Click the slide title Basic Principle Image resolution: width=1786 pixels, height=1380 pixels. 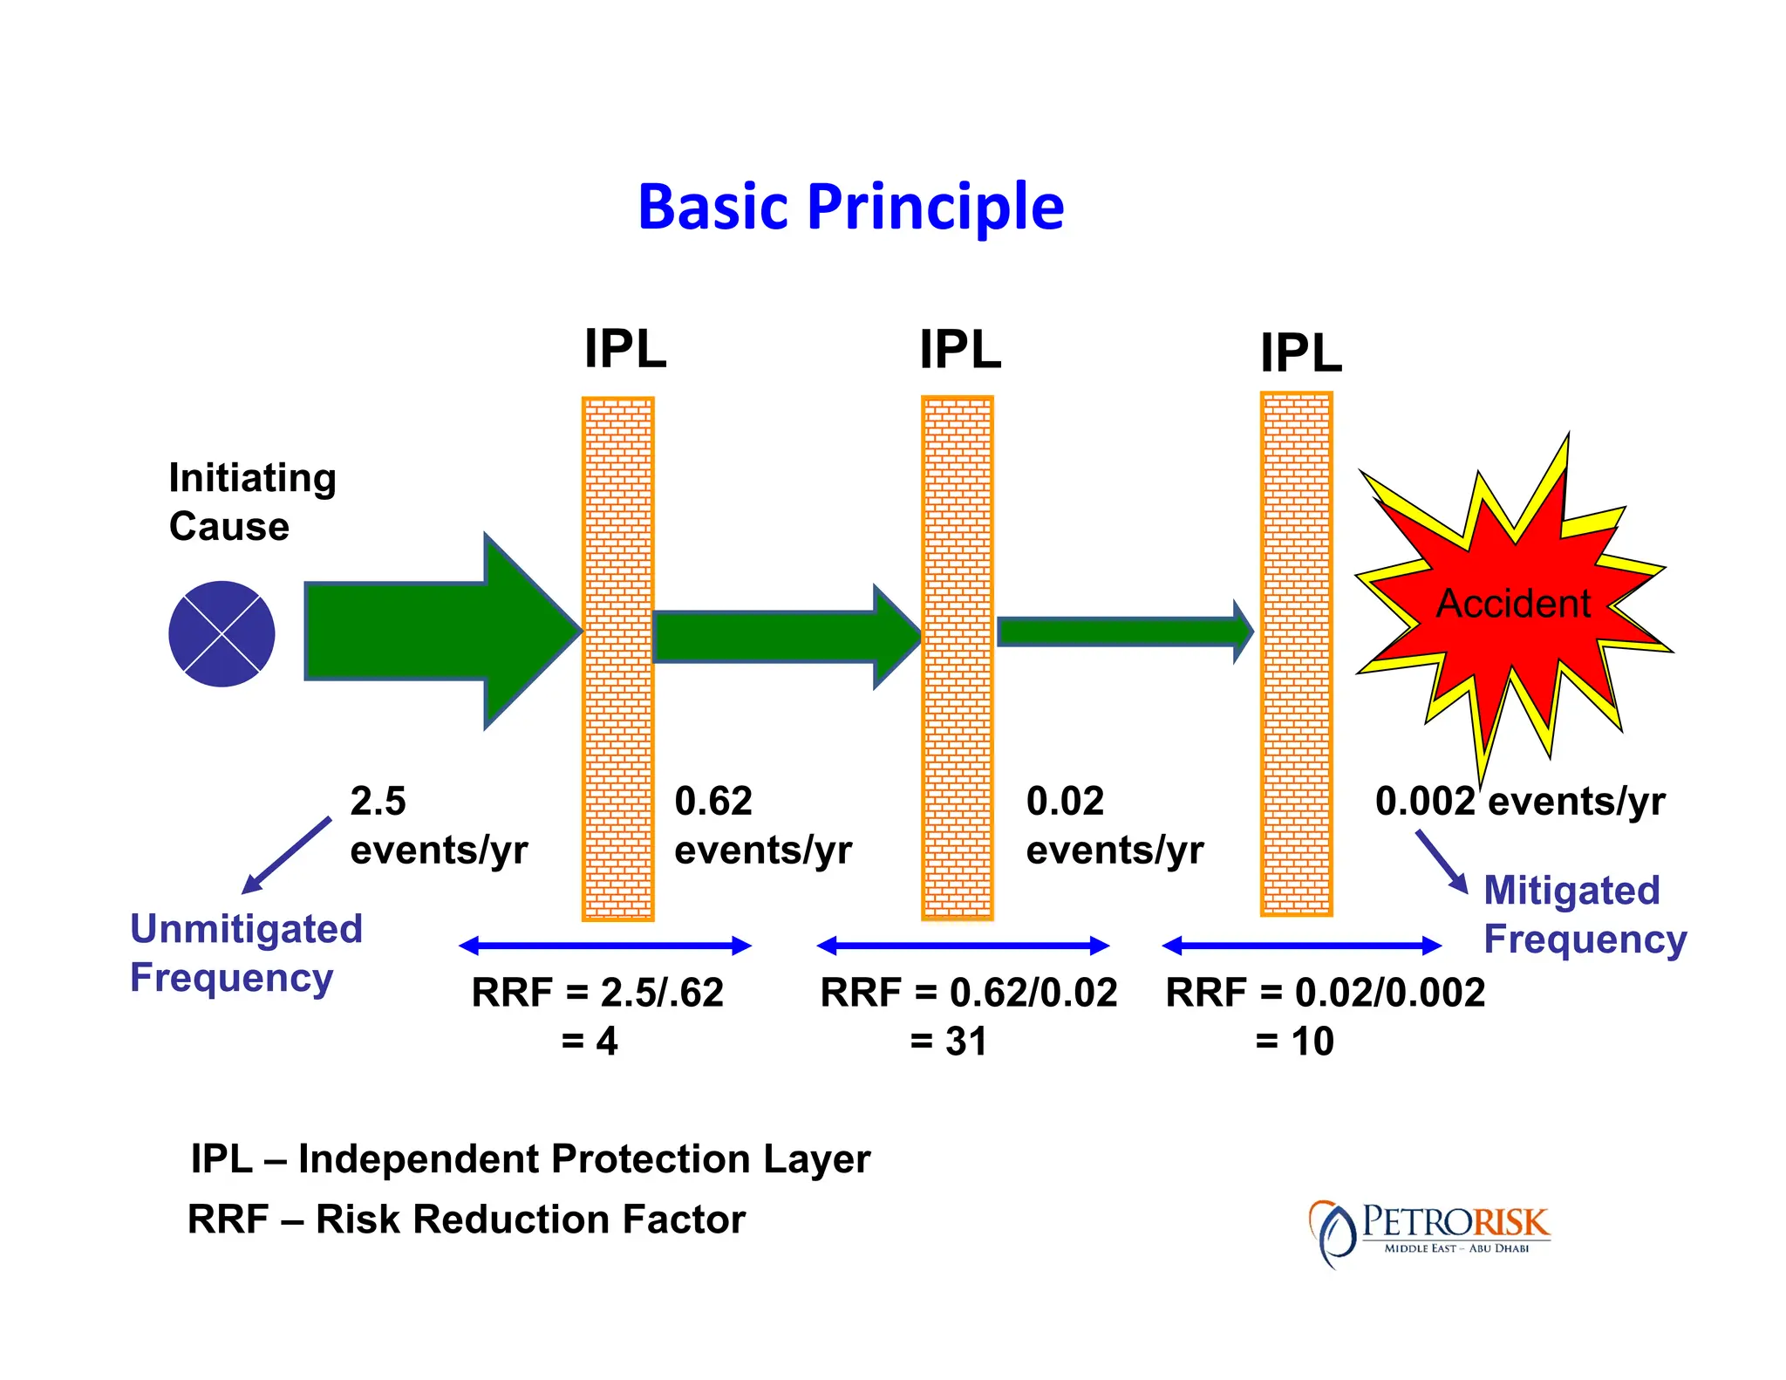[850, 208]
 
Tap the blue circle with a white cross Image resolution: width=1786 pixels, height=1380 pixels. [222, 634]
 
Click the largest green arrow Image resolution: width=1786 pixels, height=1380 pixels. [436, 631]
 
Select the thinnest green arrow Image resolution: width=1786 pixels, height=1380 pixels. [1121, 631]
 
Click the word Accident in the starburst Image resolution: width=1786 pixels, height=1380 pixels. [1513, 604]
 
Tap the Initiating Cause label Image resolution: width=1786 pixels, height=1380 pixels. [251, 502]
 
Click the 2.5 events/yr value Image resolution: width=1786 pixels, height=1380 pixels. [438, 825]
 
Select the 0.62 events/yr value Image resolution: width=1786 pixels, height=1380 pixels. [762, 825]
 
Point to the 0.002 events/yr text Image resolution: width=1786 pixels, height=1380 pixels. [1519, 801]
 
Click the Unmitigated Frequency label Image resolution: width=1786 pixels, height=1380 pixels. [246, 953]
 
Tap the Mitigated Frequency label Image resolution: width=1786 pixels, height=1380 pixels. [1585, 914]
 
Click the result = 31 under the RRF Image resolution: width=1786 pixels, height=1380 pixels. [948, 1042]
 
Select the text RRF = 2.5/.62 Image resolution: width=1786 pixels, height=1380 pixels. [597, 993]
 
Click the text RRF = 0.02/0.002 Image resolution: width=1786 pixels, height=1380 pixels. [1325, 993]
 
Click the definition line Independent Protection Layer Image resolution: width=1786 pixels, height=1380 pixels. [530, 1159]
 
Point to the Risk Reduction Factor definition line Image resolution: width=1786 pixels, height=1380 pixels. [467, 1219]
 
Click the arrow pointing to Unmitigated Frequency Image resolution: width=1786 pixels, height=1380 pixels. [286, 856]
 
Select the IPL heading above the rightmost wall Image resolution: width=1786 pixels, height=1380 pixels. [1300, 353]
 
